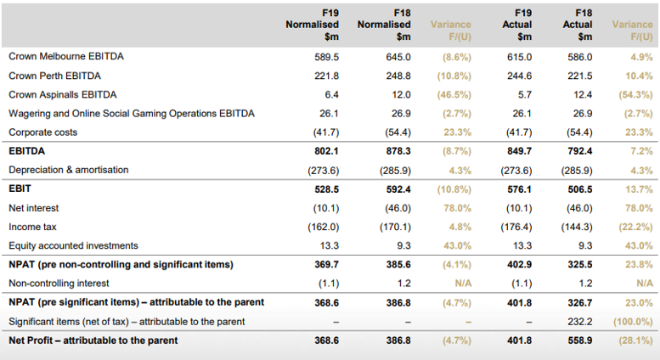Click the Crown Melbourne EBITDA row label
click(66, 56)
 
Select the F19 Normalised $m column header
click(313, 25)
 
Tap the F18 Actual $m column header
click(578, 25)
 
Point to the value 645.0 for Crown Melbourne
click(398, 57)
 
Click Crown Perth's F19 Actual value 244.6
click(519, 76)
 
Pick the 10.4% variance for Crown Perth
click(639, 76)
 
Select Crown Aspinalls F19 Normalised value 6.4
click(331, 94)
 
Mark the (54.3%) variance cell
click(635, 94)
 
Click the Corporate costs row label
click(43, 132)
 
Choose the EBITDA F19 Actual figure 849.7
click(519, 151)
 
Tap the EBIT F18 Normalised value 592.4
click(398, 189)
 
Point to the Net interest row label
click(34, 208)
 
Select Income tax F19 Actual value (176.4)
click(516, 227)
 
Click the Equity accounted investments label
click(73, 245)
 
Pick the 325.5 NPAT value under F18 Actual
click(580, 265)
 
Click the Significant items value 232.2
click(580, 322)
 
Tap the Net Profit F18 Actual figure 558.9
click(580, 340)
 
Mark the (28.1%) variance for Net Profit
click(635, 340)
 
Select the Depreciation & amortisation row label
click(69, 170)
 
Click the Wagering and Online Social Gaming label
click(132, 114)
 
